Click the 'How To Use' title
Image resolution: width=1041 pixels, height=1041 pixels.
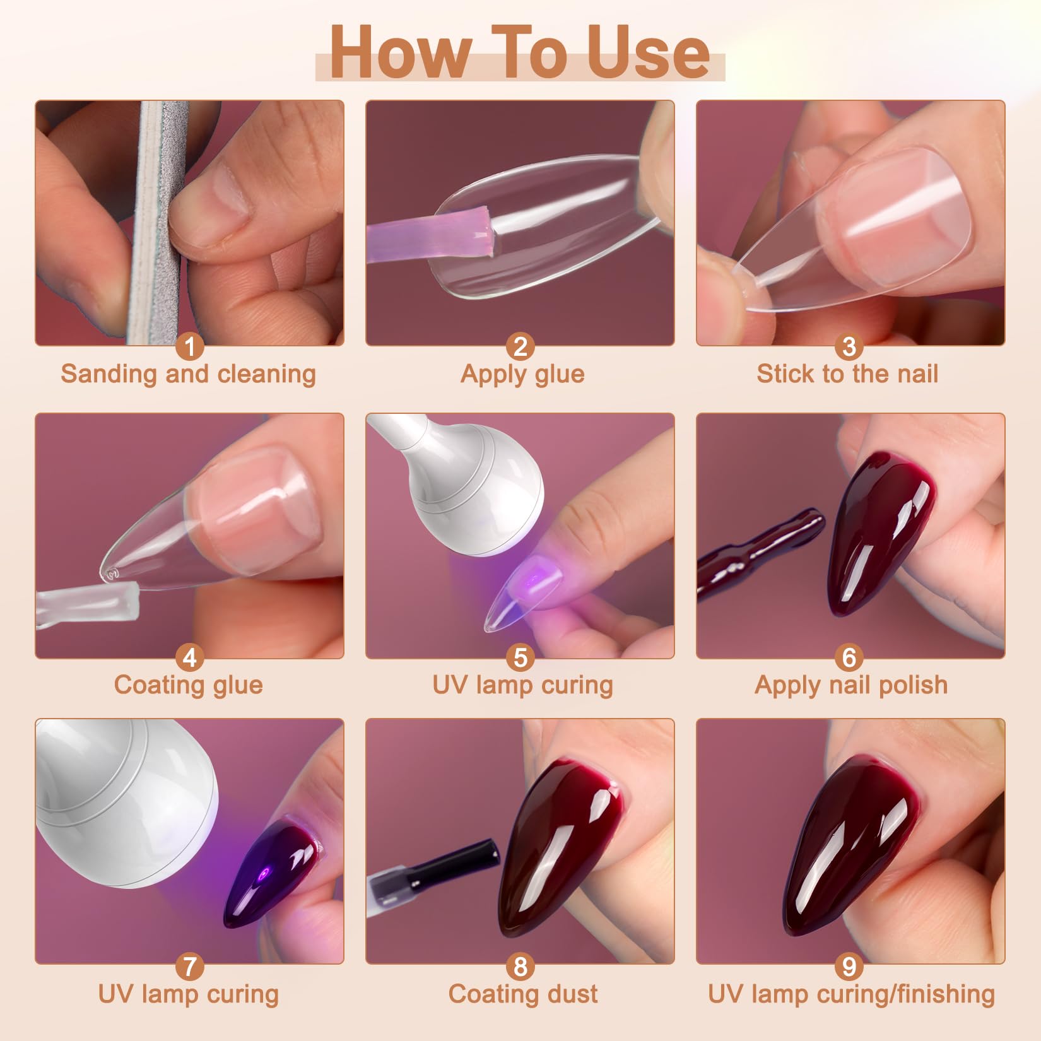(x=520, y=53)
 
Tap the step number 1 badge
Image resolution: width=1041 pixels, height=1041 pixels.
(x=189, y=346)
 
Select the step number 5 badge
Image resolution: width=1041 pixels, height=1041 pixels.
(x=520, y=658)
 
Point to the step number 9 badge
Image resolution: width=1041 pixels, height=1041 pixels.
(x=849, y=966)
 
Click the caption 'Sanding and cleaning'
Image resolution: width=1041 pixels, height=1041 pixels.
(x=188, y=373)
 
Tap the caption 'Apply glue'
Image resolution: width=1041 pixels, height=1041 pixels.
(x=522, y=374)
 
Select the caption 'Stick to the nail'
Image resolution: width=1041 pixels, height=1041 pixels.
(x=847, y=373)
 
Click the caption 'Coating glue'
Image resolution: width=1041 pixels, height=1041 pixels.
(x=188, y=685)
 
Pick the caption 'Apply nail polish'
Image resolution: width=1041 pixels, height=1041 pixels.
(x=851, y=685)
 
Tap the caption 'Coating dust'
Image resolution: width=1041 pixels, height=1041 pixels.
(x=523, y=994)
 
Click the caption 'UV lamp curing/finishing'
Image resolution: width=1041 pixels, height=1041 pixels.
(x=851, y=994)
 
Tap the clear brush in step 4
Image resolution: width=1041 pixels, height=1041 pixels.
(x=88, y=606)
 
